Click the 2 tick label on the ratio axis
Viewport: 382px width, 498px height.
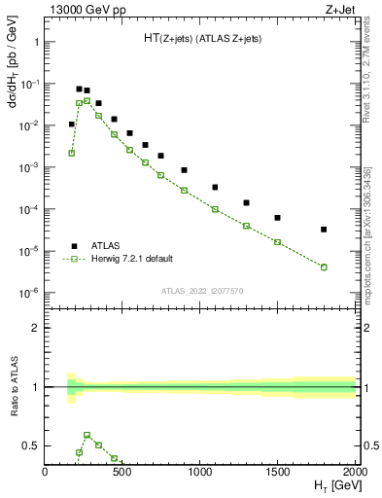click(x=36, y=328)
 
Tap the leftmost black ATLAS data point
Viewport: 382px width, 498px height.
click(x=71, y=124)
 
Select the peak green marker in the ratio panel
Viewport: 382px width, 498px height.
click(x=87, y=435)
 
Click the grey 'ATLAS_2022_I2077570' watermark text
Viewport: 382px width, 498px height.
click(x=200, y=291)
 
